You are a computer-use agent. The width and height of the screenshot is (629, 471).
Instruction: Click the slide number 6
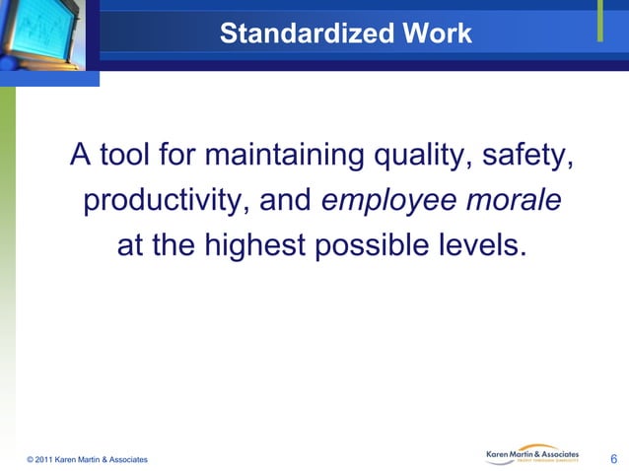click(x=614, y=458)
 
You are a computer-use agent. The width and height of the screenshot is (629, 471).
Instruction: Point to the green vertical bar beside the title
click(x=600, y=24)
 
